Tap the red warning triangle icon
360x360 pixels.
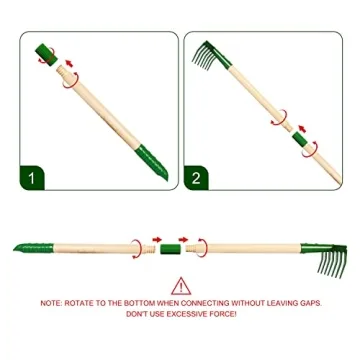point(181,287)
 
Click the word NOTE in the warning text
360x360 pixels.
point(50,303)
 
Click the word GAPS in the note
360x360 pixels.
point(308,303)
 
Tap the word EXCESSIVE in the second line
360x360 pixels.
point(186,312)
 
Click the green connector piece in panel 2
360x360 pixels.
point(301,141)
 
